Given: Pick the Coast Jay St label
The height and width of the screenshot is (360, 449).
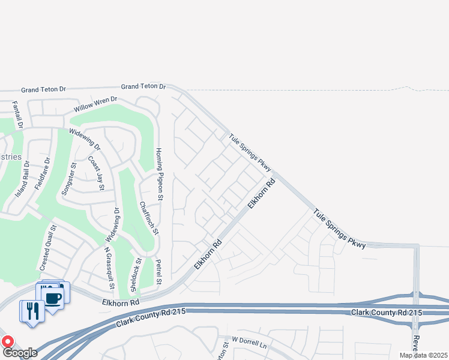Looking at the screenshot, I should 97,173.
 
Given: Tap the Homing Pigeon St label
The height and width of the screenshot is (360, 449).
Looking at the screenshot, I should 160,173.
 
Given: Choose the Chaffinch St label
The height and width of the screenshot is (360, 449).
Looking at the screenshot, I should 149,217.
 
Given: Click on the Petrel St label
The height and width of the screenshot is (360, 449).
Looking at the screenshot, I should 159,272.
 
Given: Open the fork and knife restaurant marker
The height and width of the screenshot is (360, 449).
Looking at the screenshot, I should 32,311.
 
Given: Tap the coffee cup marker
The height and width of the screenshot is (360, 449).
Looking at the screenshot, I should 53,297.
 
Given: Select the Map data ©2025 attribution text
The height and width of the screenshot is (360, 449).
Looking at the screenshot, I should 423,355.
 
